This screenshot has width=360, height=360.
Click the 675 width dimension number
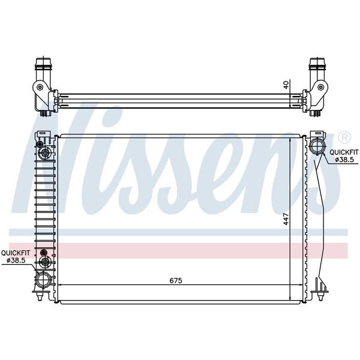(175, 281)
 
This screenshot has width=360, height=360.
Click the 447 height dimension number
(287, 220)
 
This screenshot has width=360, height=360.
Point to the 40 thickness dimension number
(286, 85)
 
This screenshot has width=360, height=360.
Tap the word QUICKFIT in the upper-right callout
(340, 152)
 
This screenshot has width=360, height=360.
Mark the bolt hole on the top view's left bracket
(40, 88)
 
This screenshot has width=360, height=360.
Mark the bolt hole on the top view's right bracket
(320, 88)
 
